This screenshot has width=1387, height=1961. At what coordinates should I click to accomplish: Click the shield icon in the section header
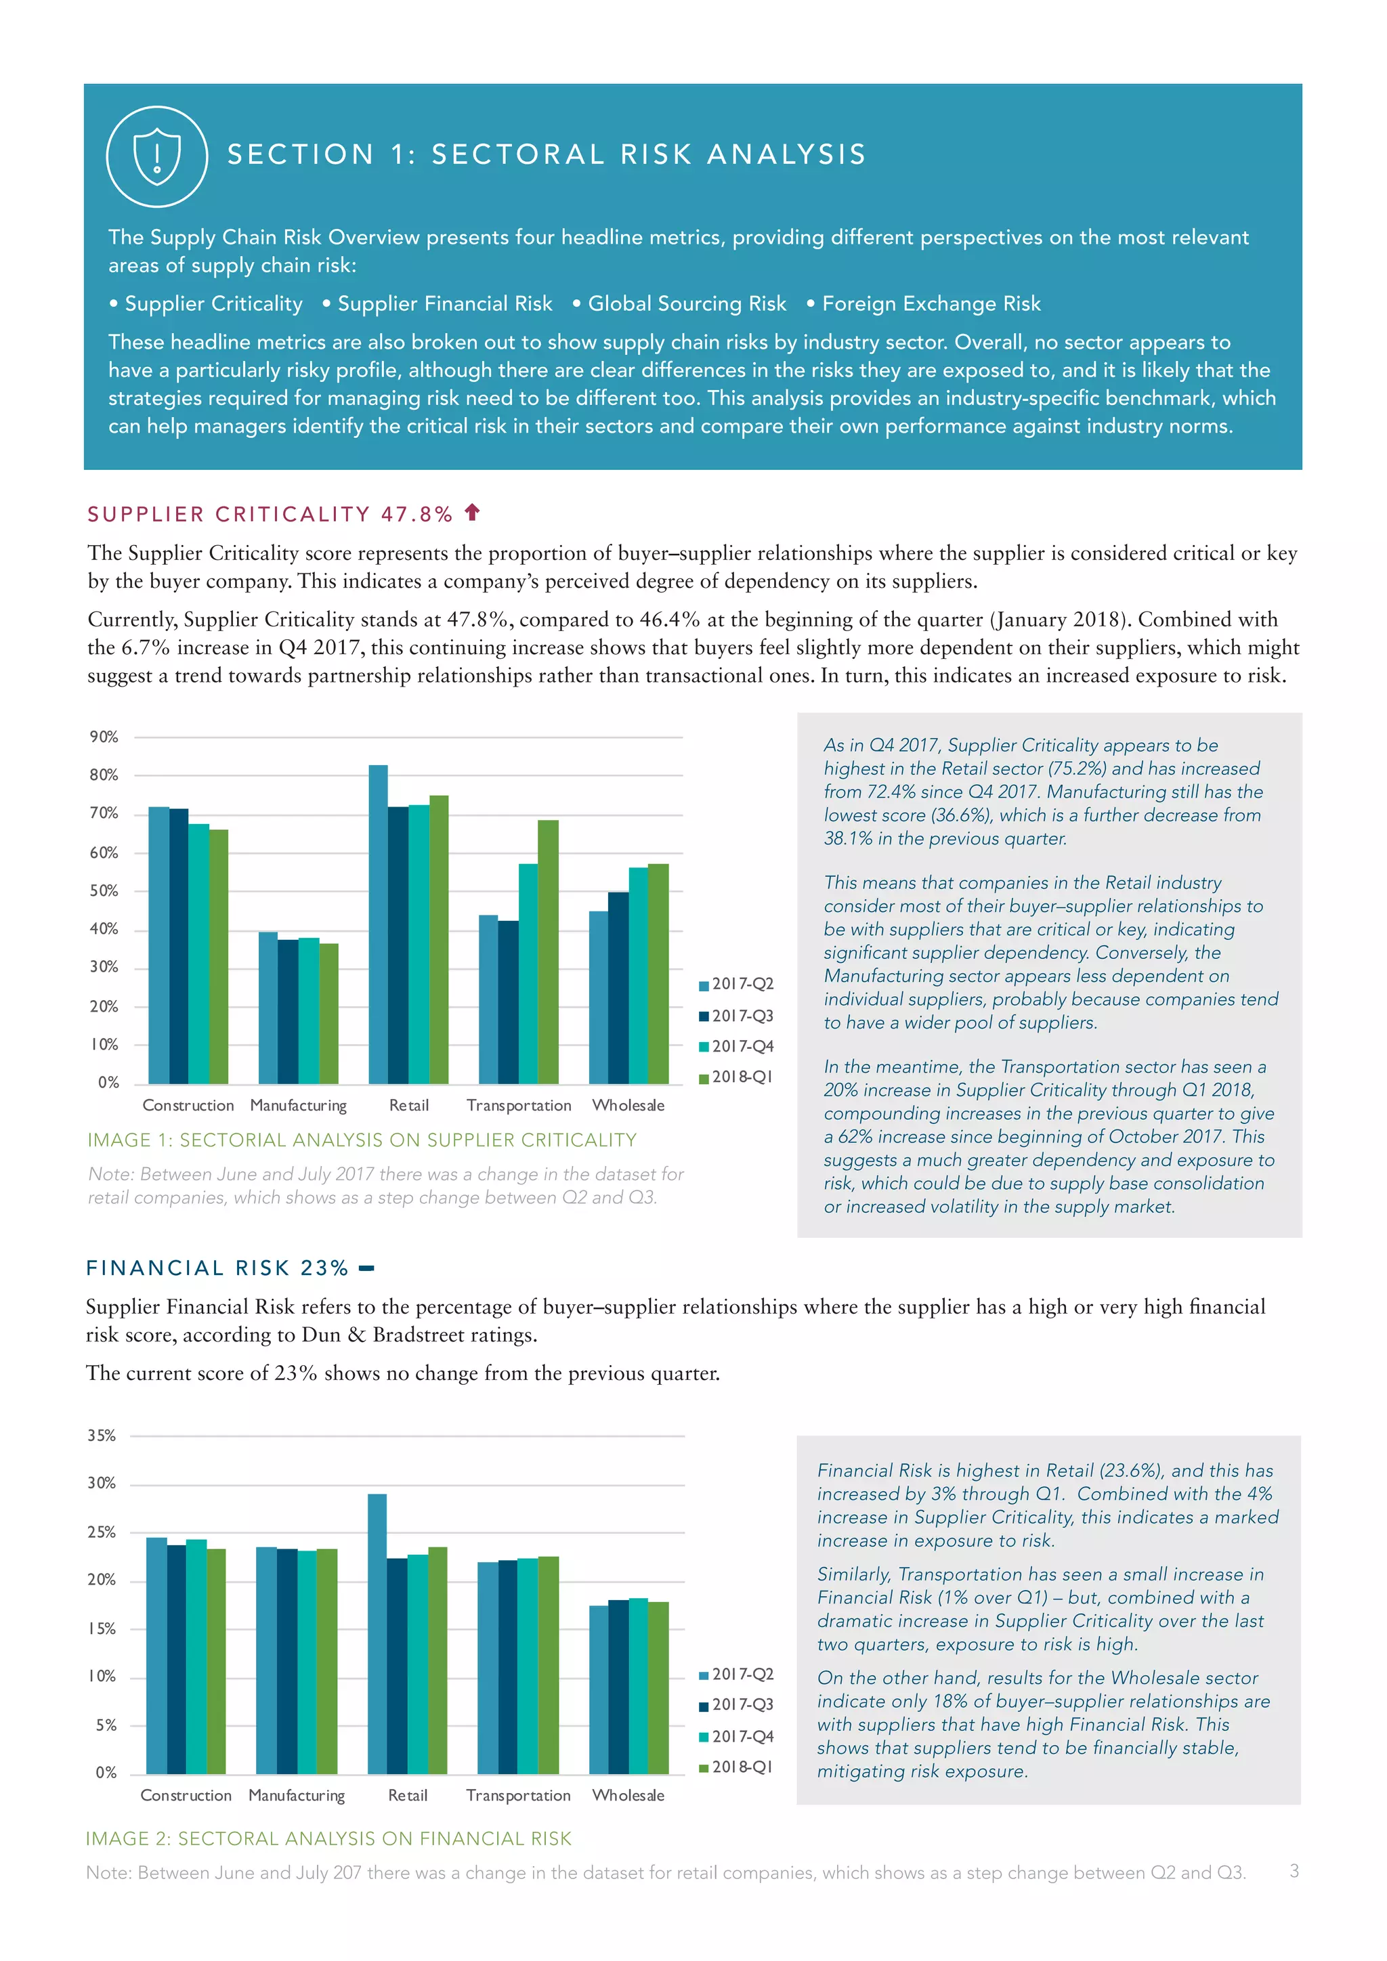157,156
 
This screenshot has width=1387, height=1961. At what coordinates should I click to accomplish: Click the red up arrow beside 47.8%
471,513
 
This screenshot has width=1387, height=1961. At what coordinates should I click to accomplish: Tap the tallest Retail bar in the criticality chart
377,922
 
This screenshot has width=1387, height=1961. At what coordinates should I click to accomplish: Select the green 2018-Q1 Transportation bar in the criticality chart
549,952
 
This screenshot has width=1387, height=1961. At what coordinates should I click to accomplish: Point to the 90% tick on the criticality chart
104,737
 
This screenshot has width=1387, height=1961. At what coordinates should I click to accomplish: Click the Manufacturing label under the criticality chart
298,1105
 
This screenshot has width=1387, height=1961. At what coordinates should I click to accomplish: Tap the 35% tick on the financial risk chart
102,1436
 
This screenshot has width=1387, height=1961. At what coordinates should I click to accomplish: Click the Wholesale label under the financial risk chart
628,1795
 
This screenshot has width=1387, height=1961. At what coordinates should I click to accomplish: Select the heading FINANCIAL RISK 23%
218,1268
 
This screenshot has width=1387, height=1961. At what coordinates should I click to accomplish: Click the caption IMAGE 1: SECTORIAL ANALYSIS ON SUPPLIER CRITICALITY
362,1140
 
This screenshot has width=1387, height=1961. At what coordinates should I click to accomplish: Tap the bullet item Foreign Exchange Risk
931,304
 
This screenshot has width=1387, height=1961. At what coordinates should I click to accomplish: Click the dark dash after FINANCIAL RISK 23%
366,1269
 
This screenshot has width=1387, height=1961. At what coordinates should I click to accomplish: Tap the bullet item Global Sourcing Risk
687,304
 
